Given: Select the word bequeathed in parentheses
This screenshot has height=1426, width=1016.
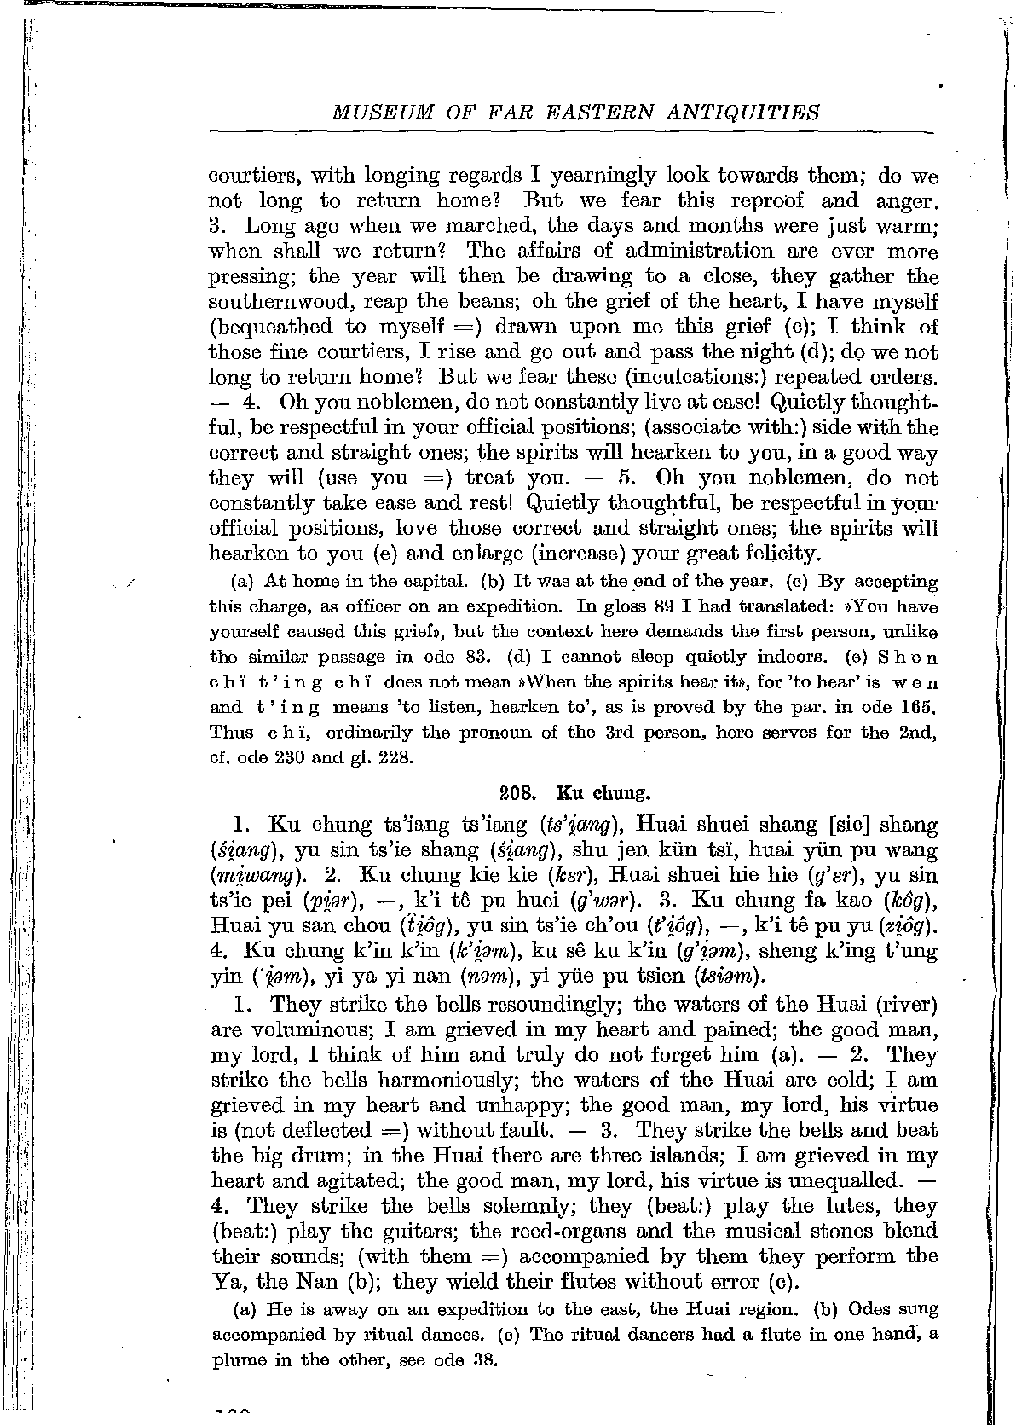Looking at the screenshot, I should click(273, 328).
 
